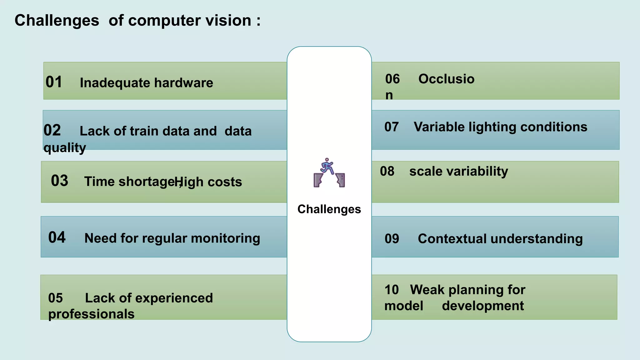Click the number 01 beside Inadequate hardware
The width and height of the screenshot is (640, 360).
click(x=54, y=82)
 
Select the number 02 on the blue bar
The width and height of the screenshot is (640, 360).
click(x=52, y=130)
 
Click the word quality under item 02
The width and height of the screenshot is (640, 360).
click(x=64, y=147)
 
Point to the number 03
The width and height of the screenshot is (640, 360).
click(x=59, y=181)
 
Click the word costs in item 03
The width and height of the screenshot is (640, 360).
click(x=225, y=182)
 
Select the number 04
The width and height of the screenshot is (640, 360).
click(x=57, y=237)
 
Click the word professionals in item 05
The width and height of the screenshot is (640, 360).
click(x=91, y=314)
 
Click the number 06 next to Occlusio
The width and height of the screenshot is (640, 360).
click(x=392, y=79)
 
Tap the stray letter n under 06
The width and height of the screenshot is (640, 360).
click(x=389, y=95)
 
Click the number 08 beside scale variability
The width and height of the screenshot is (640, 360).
click(x=387, y=171)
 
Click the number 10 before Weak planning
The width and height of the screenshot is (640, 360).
click(x=391, y=290)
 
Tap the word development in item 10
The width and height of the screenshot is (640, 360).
click(x=483, y=306)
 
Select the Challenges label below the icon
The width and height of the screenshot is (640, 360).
click(x=329, y=209)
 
